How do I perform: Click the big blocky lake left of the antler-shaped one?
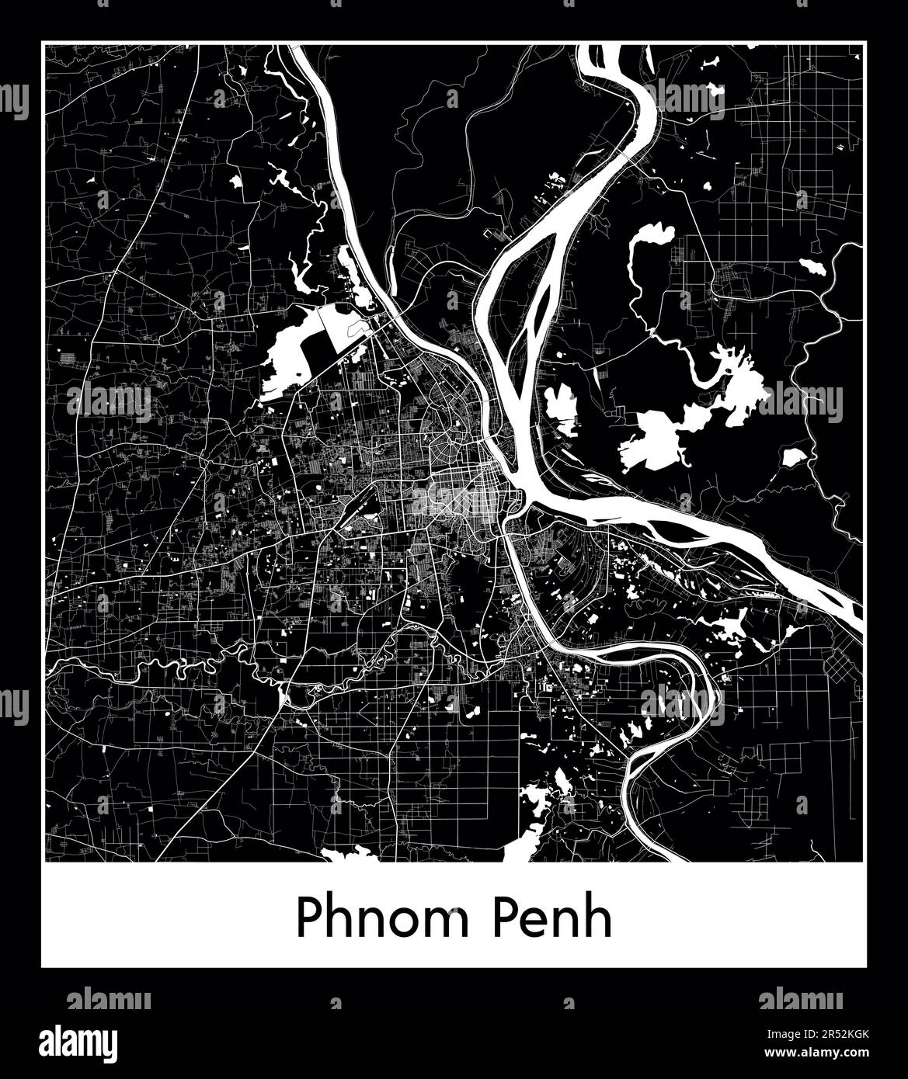(x=652, y=439)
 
